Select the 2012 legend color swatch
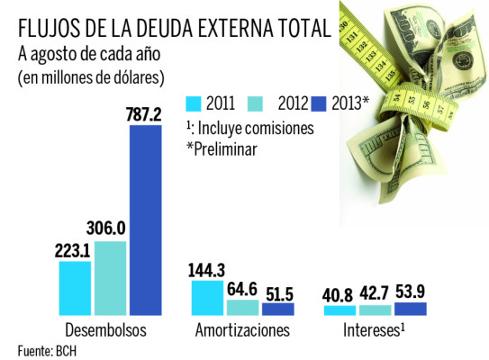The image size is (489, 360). coord(257,102)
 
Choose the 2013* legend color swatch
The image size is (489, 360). coord(318,102)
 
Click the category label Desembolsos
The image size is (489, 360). coord(106,330)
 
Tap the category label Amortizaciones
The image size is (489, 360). coord(242,330)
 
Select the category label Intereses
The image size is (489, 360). coord(376,330)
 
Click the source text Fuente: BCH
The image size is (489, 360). coord(47,349)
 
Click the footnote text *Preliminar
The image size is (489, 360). coord(222,148)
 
